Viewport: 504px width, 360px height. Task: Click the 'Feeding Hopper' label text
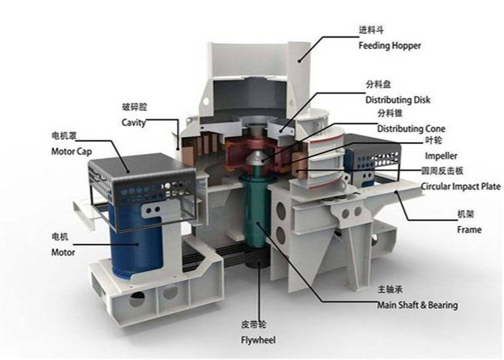tap(390, 46)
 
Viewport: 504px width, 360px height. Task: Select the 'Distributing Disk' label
tap(397, 100)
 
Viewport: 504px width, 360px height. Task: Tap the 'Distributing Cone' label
tap(411, 129)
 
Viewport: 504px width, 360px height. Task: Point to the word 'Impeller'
tap(441, 156)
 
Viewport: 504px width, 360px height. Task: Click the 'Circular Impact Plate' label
tap(461, 186)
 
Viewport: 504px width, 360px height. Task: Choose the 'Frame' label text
tap(469, 230)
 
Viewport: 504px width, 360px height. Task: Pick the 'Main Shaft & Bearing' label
tap(418, 305)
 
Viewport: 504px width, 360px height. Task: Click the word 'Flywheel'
tap(258, 340)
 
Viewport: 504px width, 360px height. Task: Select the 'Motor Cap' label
tap(72, 151)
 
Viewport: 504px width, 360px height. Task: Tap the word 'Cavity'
tap(134, 122)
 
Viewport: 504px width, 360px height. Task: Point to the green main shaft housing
tap(255, 212)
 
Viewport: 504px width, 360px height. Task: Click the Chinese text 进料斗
tap(371, 30)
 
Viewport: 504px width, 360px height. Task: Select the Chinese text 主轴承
tap(390, 289)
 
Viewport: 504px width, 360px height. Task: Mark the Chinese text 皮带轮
tap(253, 324)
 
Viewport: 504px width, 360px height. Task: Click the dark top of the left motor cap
tap(142, 167)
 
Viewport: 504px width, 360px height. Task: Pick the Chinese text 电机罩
tap(64, 136)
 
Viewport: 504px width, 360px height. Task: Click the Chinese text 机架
tap(466, 214)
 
